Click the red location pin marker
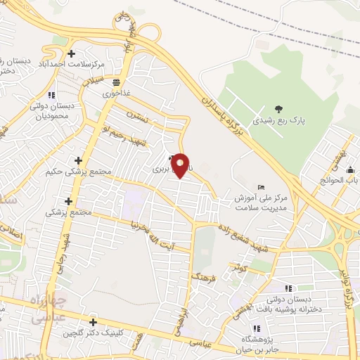[x=181, y=166]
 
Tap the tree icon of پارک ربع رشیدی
[x=280, y=109]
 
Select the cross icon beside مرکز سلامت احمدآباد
[x=71, y=53]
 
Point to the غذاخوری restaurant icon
[x=116, y=82]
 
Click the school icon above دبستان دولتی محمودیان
[x=51, y=95]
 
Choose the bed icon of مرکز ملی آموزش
[x=262, y=188]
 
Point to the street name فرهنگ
[x=202, y=270]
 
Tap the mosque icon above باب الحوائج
[x=349, y=169]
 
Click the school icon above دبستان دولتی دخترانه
[x=288, y=288]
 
